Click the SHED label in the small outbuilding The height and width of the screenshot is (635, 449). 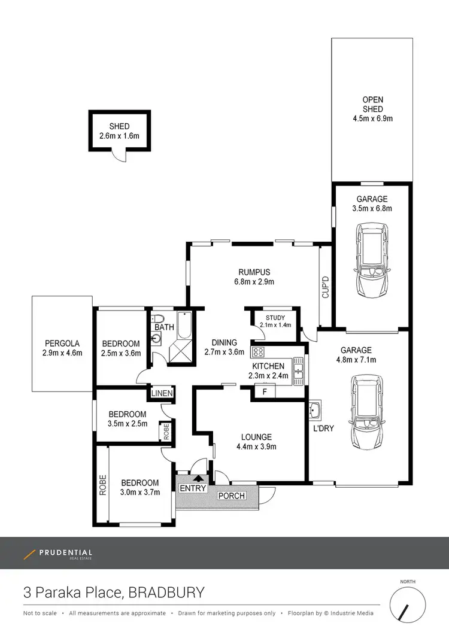click(119, 126)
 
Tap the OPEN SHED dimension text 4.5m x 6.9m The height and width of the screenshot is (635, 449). click(372, 119)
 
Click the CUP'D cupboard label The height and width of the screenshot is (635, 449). click(326, 287)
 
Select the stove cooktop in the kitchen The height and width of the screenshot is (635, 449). click(258, 351)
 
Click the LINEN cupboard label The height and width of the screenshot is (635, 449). click(162, 393)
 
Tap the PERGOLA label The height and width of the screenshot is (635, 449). click(62, 344)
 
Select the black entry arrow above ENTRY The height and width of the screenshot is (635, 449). click(198, 477)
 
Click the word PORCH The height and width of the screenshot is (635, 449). click(231, 496)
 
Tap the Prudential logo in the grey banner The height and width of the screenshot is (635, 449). click(57, 554)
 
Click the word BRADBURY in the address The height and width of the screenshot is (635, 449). click(166, 593)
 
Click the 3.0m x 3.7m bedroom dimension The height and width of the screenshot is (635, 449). click(139, 493)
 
